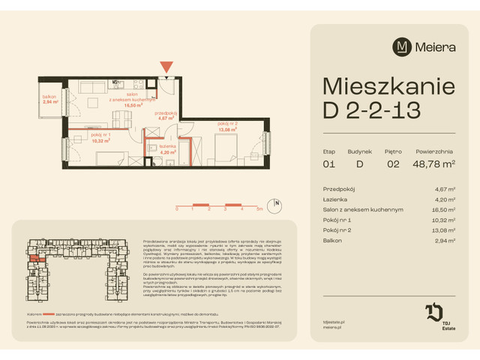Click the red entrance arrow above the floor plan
pos(166,68)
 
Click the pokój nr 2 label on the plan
pos(227,125)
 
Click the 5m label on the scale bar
pos(259,211)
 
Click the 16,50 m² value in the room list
pos(449,210)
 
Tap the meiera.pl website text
pos(330,325)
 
